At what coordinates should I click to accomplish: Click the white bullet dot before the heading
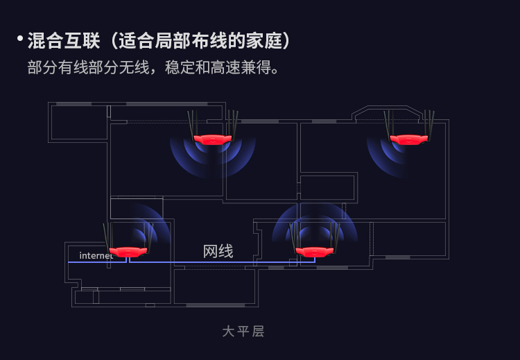(20, 38)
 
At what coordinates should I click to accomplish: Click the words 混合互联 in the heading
(64, 41)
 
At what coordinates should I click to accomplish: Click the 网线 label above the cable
(218, 251)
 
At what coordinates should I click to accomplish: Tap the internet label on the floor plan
(96, 255)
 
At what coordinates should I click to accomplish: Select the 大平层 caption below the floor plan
(243, 332)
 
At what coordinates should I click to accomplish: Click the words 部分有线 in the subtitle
(58, 67)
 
